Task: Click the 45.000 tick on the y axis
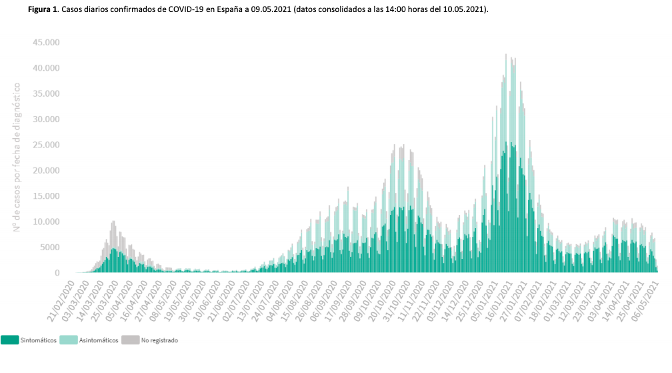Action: pyautogui.click(x=45, y=42)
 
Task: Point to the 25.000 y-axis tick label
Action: pyautogui.click(x=45, y=145)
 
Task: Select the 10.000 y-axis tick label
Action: pyautogui.click(x=45, y=222)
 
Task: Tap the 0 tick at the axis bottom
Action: pyautogui.click(x=57, y=273)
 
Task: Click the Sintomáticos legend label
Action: pyautogui.click(x=39, y=340)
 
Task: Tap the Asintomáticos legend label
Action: pyautogui.click(x=99, y=340)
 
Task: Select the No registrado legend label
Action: pyautogui.click(x=159, y=340)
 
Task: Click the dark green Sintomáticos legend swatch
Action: pyautogui.click(x=9, y=340)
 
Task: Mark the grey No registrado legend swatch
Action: pyautogui.click(x=130, y=340)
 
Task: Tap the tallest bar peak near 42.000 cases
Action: pyautogui.click(x=506, y=56)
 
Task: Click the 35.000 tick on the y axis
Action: pyautogui.click(x=45, y=93)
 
